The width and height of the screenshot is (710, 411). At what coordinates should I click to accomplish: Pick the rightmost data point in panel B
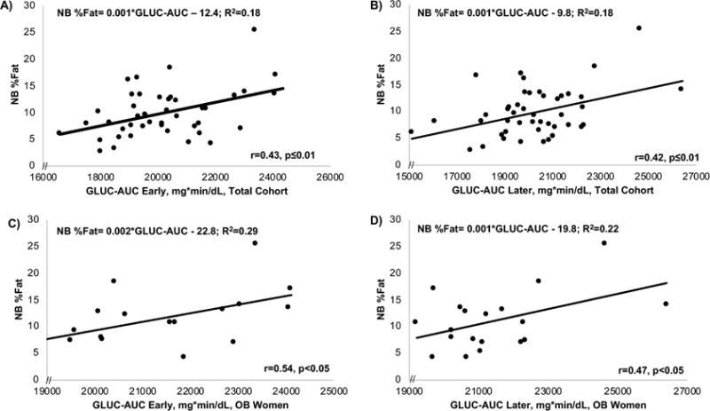(681, 89)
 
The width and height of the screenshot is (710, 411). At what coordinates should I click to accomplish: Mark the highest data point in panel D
(604, 242)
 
